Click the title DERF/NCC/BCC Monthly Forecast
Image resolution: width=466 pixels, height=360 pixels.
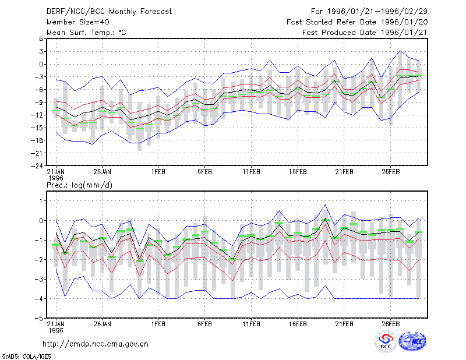[x=109, y=12]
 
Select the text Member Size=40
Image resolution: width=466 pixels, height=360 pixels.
[x=78, y=22]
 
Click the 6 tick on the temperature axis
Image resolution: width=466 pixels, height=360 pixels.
[x=41, y=39]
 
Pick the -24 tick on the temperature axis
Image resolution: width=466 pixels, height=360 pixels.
[x=37, y=166]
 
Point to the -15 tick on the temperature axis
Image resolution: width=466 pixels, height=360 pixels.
[x=37, y=128]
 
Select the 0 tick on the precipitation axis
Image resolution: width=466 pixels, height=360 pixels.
[x=41, y=221]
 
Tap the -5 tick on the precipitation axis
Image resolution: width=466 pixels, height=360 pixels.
[x=39, y=319]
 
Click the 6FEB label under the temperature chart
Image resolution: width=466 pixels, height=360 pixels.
[x=205, y=172]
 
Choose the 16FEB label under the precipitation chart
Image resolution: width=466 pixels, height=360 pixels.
[x=298, y=324]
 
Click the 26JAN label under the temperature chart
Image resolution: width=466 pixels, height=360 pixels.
[x=103, y=172]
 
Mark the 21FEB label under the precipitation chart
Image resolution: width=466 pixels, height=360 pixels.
[x=344, y=324]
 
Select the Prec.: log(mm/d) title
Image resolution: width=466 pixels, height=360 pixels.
[x=79, y=185]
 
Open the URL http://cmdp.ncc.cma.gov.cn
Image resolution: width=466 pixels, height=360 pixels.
[x=96, y=344]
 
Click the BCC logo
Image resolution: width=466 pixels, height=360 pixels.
[x=386, y=342]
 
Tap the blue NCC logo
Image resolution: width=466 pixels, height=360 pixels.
[x=412, y=341]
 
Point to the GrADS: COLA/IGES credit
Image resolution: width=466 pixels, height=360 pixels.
[x=26, y=357]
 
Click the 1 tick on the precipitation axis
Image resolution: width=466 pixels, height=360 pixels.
[x=41, y=201]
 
